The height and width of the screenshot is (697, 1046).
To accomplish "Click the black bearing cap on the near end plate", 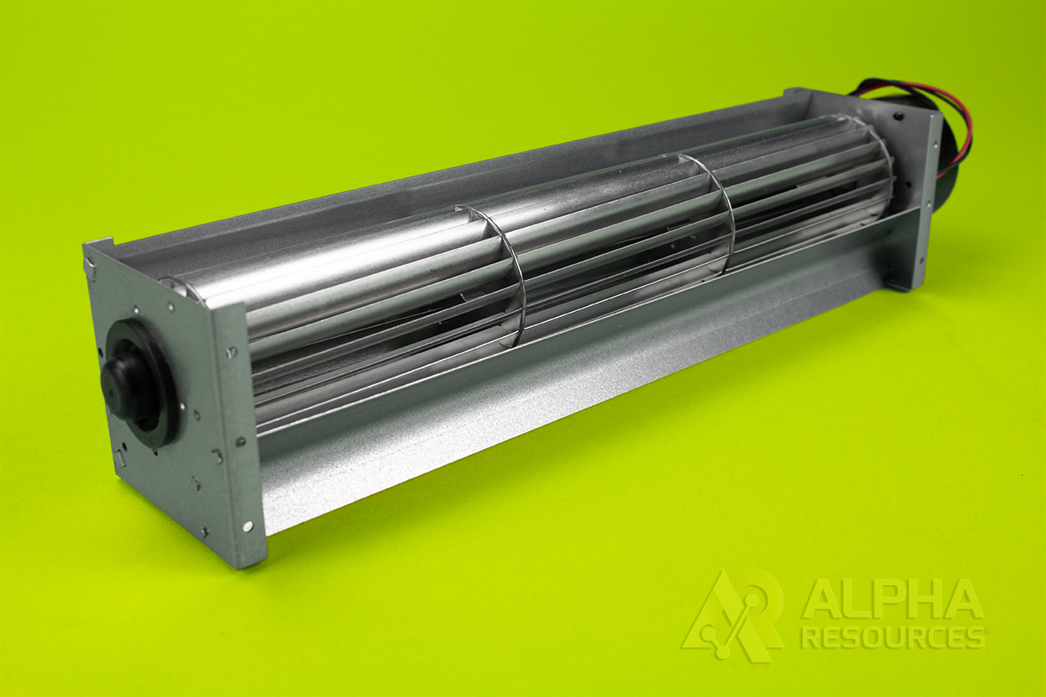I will pyautogui.click(x=126, y=383).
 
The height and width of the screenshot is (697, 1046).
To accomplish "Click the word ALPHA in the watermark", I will pyautogui.click(x=891, y=599).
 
